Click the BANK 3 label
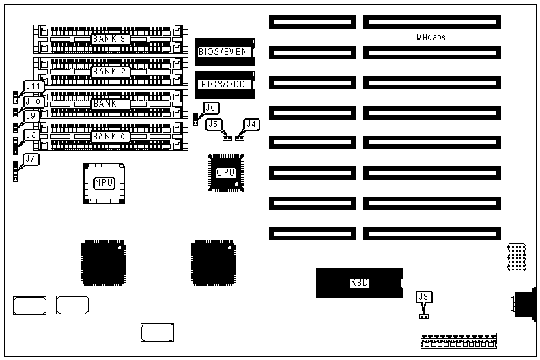click(111, 39)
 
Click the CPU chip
click(226, 173)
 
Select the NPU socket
click(104, 182)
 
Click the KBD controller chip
click(359, 282)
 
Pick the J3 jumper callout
click(424, 297)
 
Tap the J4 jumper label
click(252, 124)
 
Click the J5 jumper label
click(214, 124)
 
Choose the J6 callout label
click(211, 107)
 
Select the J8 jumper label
click(31, 135)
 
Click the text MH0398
click(431, 37)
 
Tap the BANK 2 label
click(111, 71)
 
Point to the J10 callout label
click(34, 102)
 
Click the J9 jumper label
click(31, 116)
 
